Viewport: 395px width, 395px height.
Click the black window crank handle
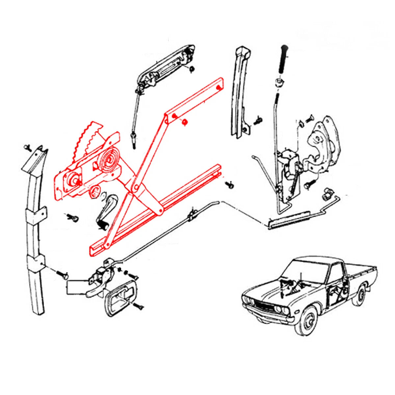pos(106,211)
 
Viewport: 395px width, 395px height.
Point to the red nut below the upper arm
pos(185,122)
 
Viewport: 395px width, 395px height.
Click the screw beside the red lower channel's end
pos(230,185)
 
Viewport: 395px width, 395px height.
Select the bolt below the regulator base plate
pos(73,218)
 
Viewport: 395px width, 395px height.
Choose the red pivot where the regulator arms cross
pos(135,189)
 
